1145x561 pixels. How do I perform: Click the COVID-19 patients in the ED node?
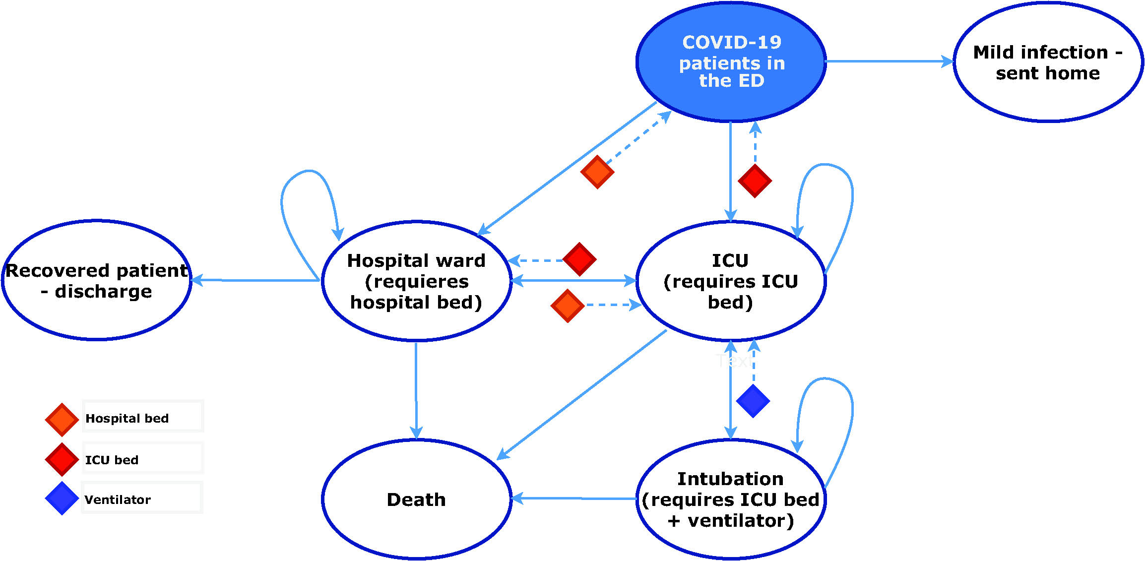tap(731, 62)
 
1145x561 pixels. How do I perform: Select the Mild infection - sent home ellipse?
tap(1047, 62)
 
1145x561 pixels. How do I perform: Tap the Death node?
tap(416, 499)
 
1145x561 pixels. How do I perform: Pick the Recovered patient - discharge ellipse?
tap(96, 280)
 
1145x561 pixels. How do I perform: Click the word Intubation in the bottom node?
tap(730, 479)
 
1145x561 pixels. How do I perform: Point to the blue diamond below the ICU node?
tap(753, 401)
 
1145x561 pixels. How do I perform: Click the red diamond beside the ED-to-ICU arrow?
tap(755, 181)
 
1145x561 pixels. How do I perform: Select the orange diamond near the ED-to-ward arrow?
tap(597, 172)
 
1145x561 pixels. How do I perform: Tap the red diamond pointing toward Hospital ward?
tap(579, 259)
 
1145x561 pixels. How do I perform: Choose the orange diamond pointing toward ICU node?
tap(568, 306)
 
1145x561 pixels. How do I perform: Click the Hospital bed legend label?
tap(127, 418)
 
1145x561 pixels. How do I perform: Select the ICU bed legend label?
tap(112, 460)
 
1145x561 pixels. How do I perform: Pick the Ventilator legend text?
tap(118, 499)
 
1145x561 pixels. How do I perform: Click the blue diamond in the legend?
tap(62, 499)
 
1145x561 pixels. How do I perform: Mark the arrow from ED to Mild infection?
tap(888, 62)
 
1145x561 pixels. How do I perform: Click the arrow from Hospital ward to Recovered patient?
tap(255, 280)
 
